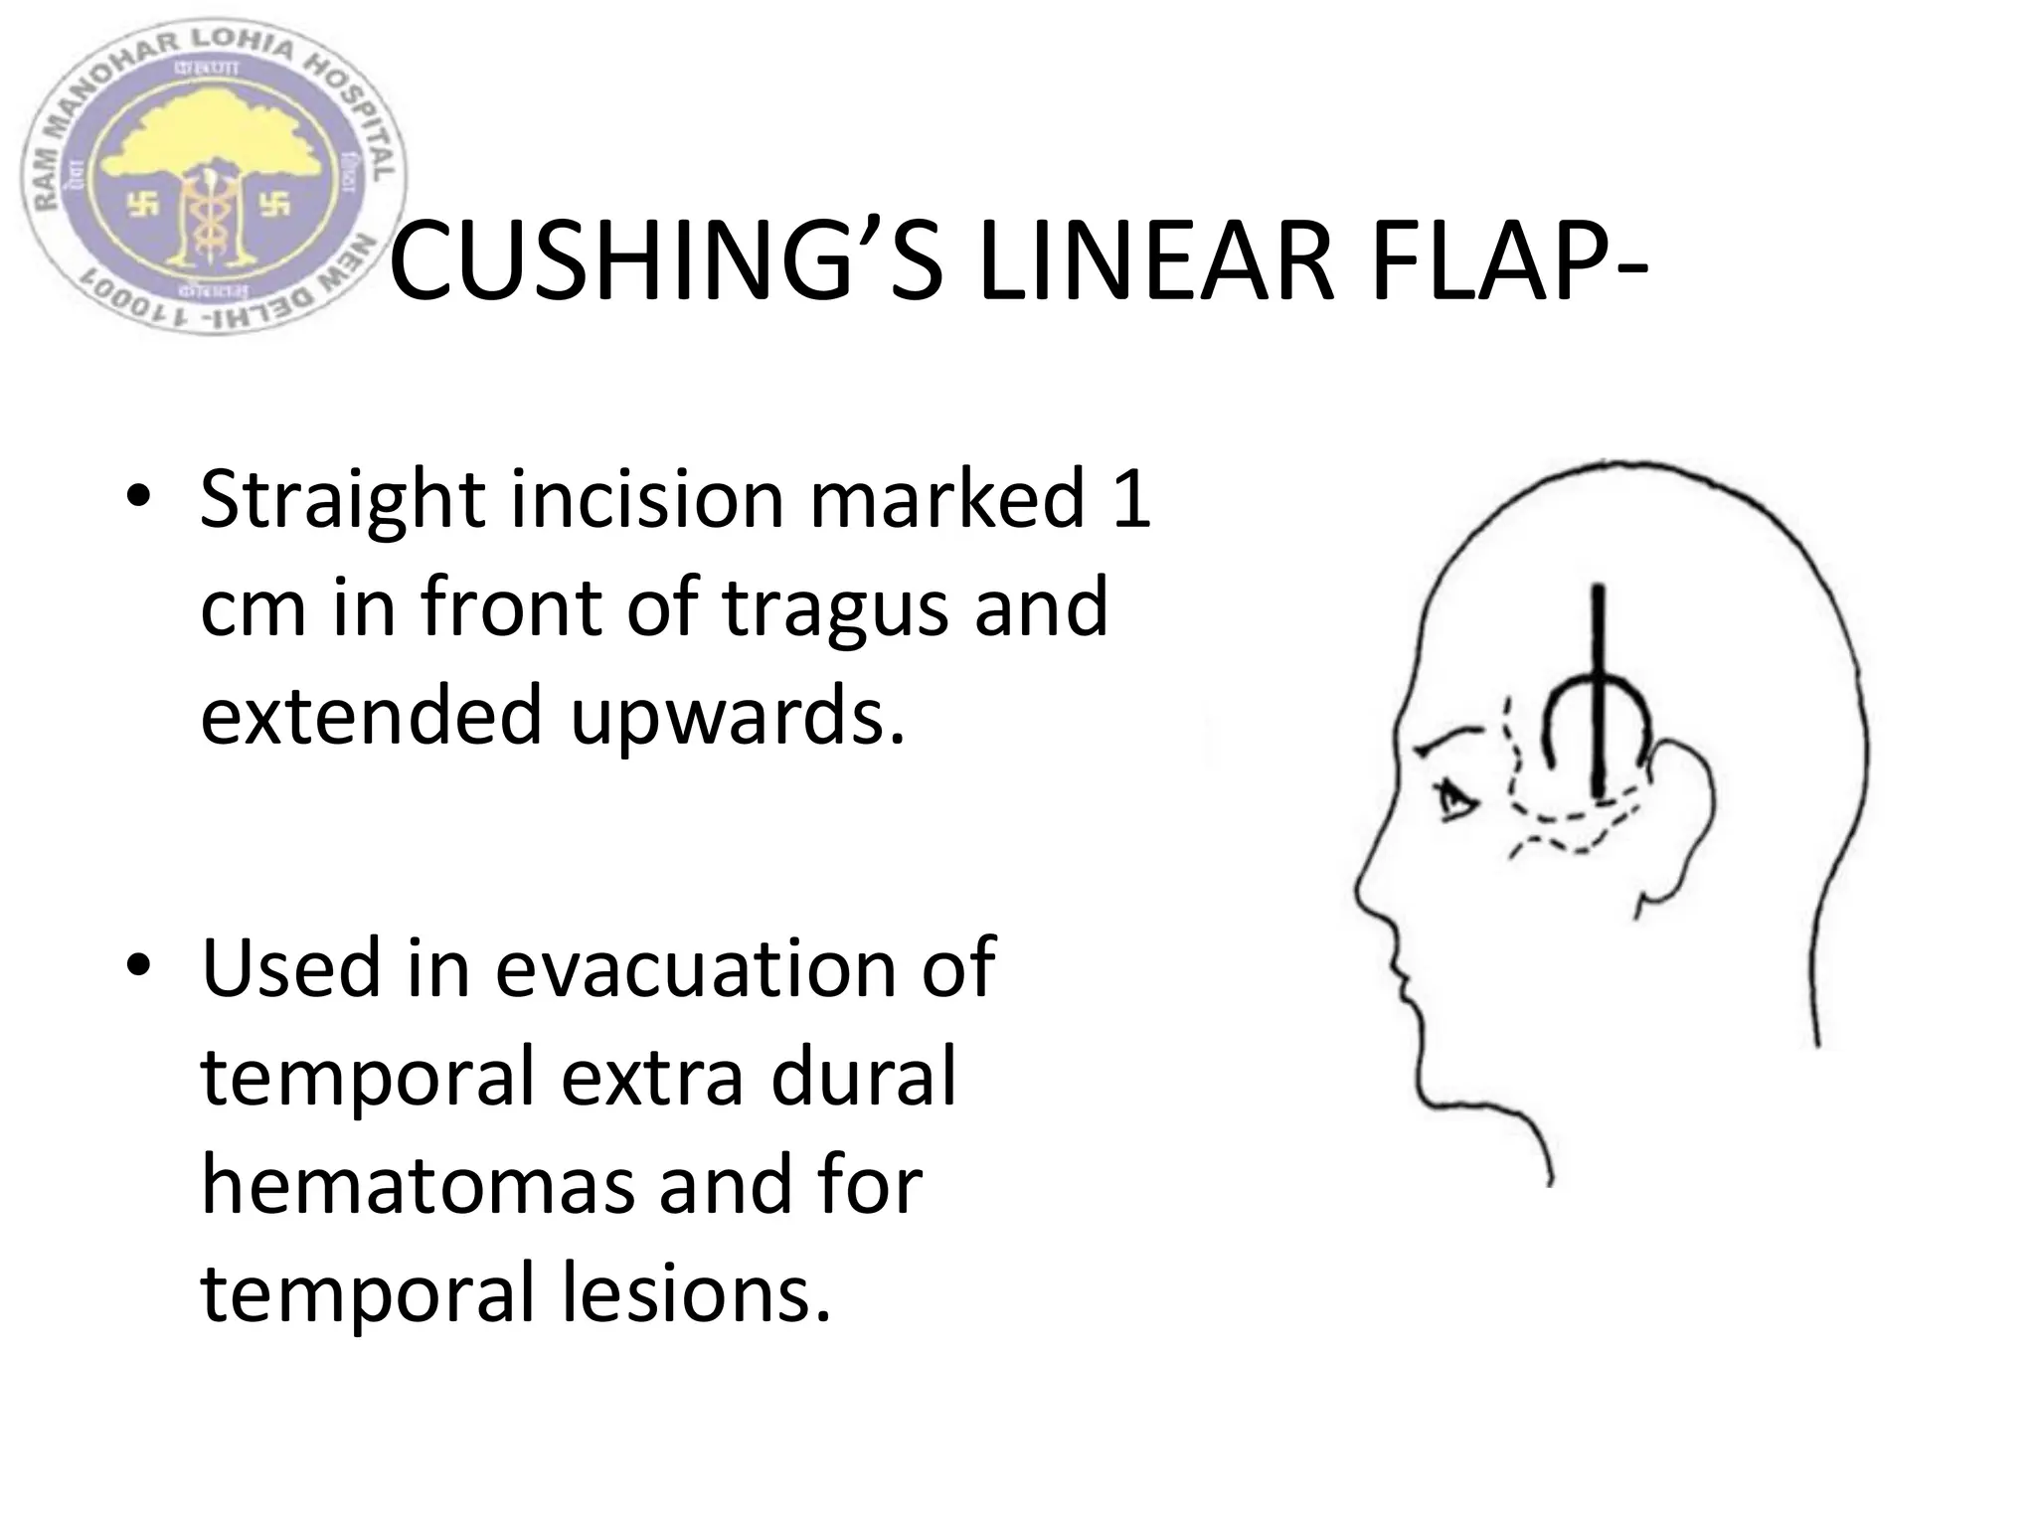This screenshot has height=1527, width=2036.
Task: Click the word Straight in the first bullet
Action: pos(343,499)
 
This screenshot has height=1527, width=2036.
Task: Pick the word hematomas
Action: pos(418,1185)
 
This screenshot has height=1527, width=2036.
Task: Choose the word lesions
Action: pos(696,1292)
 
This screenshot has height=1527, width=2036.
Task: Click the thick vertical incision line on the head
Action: pos(1599,696)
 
